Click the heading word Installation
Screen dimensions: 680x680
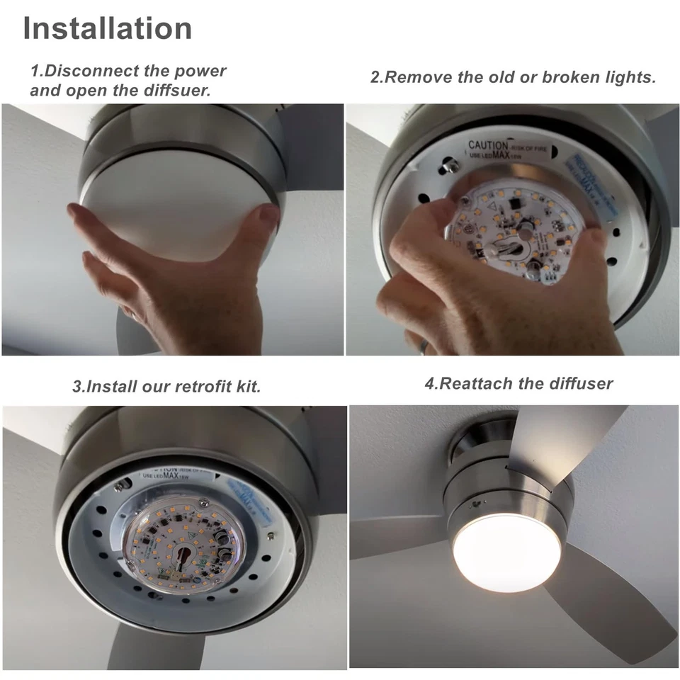pos(108,28)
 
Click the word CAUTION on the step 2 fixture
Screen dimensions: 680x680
pos(488,145)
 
